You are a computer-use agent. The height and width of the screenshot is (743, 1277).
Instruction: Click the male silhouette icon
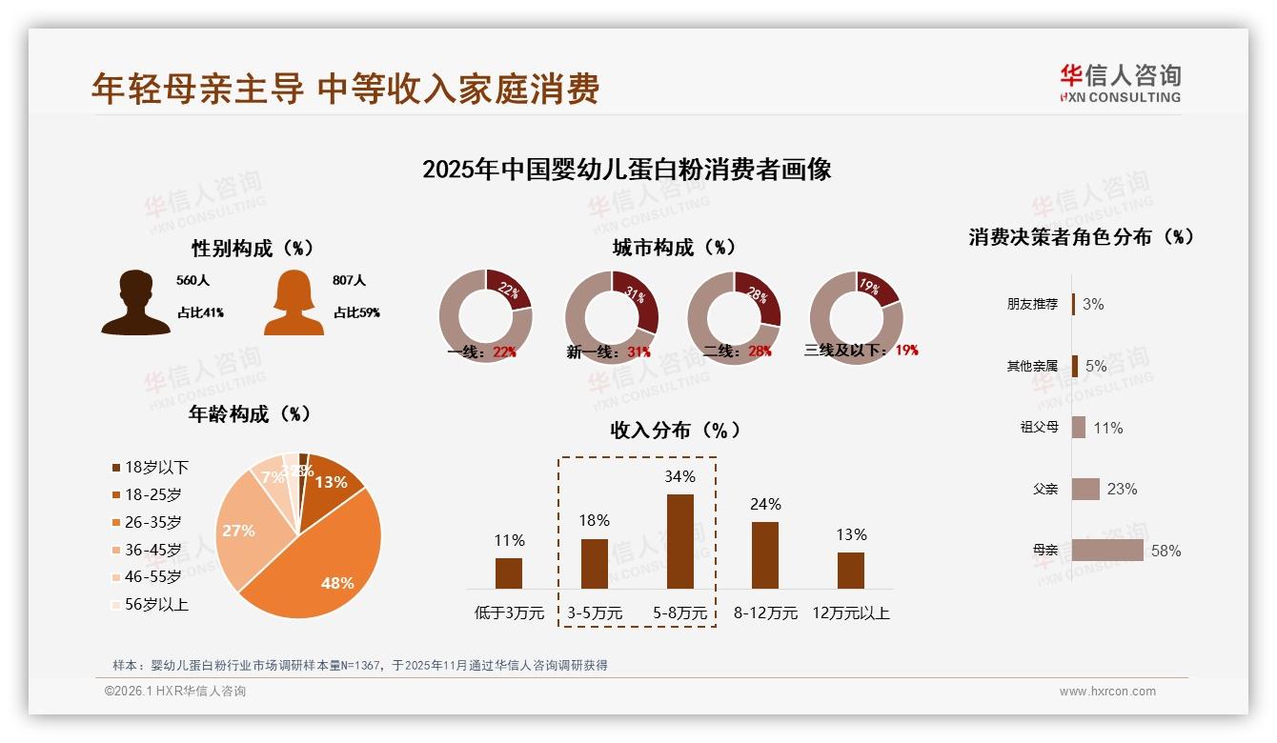pyautogui.click(x=136, y=303)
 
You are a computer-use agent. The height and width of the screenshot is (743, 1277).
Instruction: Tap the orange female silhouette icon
pyautogui.click(x=294, y=303)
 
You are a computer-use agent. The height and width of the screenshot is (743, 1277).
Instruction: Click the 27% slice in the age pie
pyautogui.click(x=243, y=533)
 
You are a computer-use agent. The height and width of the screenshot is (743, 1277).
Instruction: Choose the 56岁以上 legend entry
pyautogui.click(x=151, y=604)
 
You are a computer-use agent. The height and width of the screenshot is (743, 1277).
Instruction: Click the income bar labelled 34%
pyautogui.click(x=680, y=541)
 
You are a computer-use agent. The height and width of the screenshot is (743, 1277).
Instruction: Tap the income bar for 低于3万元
pyautogui.click(x=509, y=573)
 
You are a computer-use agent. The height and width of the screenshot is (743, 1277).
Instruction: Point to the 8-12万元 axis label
pyautogui.click(x=765, y=612)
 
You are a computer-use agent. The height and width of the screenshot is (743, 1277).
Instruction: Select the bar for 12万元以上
pyautogui.click(x=851, y=571)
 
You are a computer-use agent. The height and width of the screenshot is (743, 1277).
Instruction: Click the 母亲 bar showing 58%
pyautogui.click(x=1107, y=551)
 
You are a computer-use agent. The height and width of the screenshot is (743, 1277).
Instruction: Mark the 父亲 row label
pyautogui.click(x=1045, y=489)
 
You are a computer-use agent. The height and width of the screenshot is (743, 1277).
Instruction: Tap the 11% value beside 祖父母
pyautogui.click(x=1108, y=428)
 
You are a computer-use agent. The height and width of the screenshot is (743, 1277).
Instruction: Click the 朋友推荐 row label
pyautogui.click(x=1032, y=304)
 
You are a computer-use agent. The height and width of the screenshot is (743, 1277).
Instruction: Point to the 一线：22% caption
pyautogui.click(x=481, y=351)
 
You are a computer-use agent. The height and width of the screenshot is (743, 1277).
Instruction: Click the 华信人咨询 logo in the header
pyautogui.click(x=1120, y=83)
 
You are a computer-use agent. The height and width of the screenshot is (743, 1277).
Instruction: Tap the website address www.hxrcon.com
pyautogui.click(x=1107, y=692)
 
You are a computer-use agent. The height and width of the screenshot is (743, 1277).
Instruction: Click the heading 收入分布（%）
pyautogui.click(x=676, y=430)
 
